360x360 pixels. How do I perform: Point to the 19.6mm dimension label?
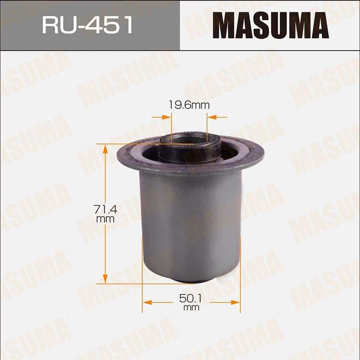pyautogui.click(x=188, y=104)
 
